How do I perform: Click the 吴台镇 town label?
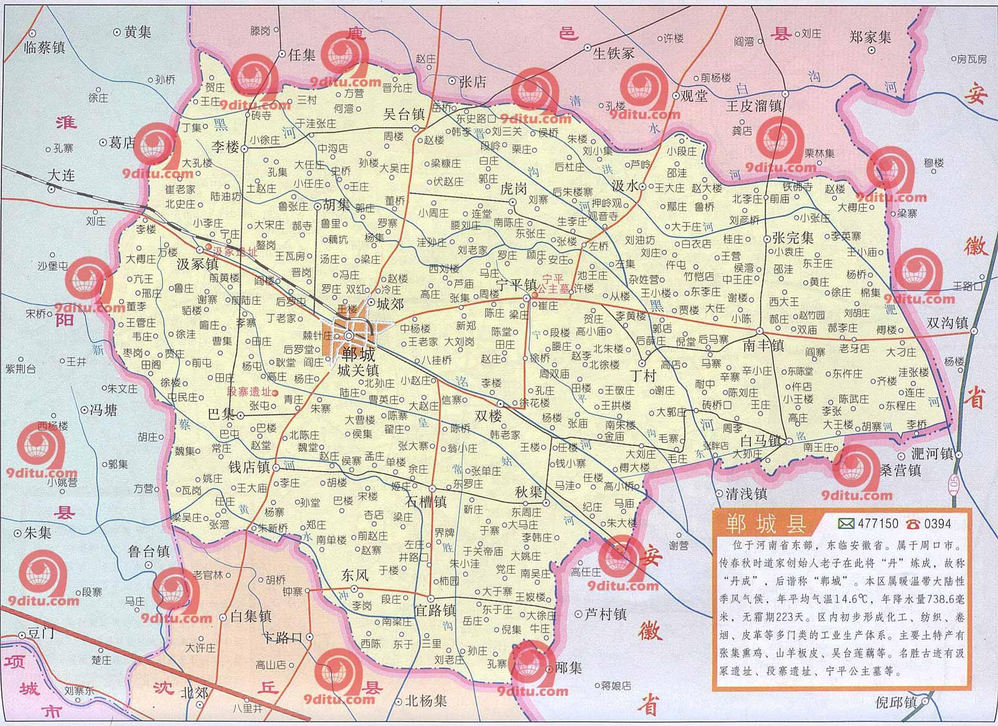[x=403, y=114]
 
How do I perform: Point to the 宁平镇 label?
[x=516, y=284]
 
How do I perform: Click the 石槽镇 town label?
[x=426, y=501]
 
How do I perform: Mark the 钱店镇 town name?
[x=248, y=467]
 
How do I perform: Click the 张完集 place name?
[x=792, y=238]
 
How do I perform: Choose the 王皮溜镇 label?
[x=753, y=106]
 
